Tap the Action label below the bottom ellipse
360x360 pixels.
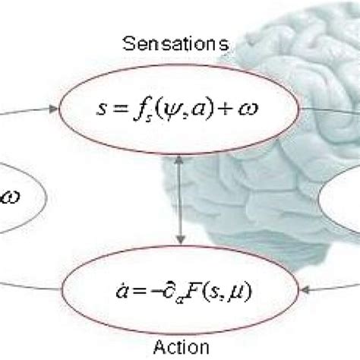click(181, 348)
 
